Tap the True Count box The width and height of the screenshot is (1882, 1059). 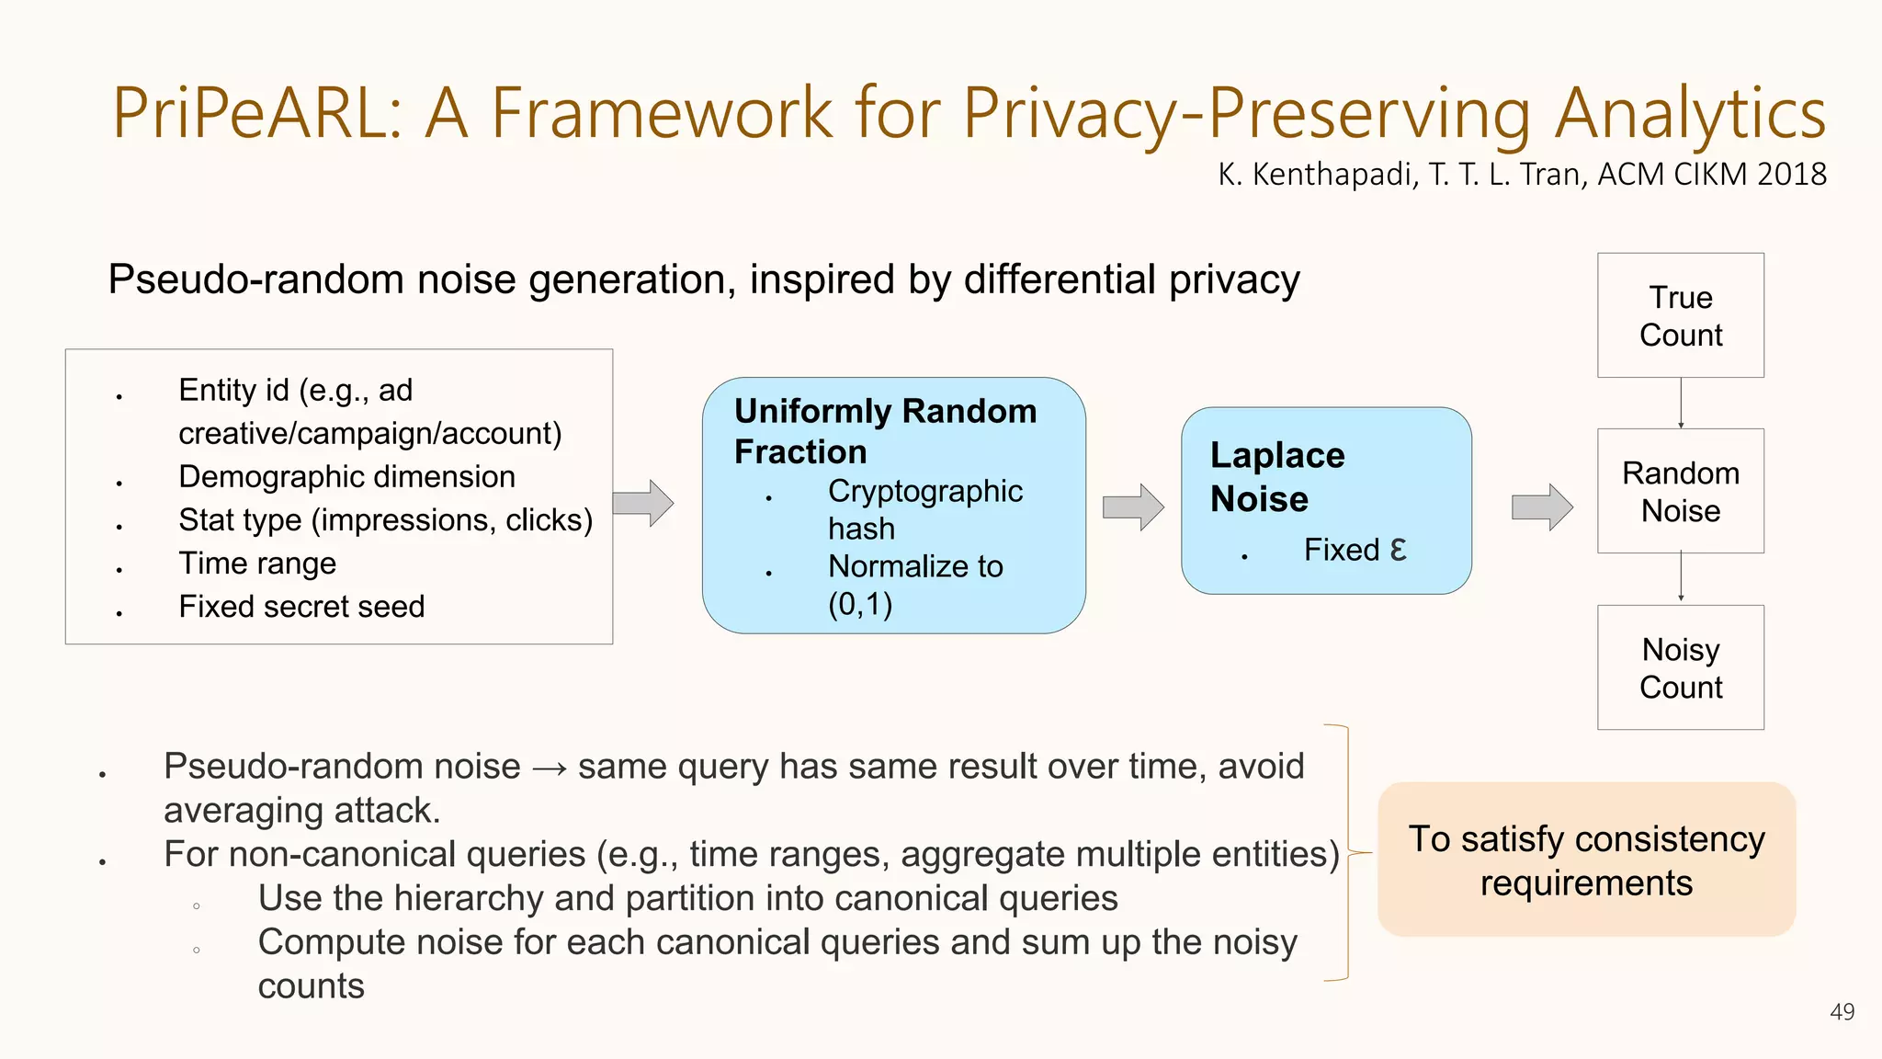(x=1680, y=315)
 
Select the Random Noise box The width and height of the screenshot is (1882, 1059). (x=1680, y=491)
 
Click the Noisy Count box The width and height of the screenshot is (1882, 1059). (x=1680, y=667)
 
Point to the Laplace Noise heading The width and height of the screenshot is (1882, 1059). (x=1277, y=476)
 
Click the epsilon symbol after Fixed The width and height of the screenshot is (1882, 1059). (x=1398, y=549)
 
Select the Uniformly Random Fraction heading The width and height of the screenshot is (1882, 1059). (x=884, y=430)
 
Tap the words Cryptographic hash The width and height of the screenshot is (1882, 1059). (x=924, y=509)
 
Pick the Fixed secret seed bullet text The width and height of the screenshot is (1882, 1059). (x=301, y=607)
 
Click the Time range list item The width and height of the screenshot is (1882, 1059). (x=257, y=563)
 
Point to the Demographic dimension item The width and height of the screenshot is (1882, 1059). (x=346, y=476)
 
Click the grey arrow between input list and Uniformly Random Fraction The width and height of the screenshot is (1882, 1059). (x=643, y=503)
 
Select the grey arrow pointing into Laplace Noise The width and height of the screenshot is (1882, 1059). (x=1133, y=507)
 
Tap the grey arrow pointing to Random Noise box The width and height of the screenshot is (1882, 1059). (x=1542, y=507)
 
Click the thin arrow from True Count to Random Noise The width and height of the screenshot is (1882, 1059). (x=1681, y=403)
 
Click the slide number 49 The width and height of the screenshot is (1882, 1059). (x=1842, y=1011)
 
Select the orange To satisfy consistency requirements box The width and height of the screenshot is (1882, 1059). (x=1586, y=860)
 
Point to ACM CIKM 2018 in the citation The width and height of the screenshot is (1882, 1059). (x=1711, y=174)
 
